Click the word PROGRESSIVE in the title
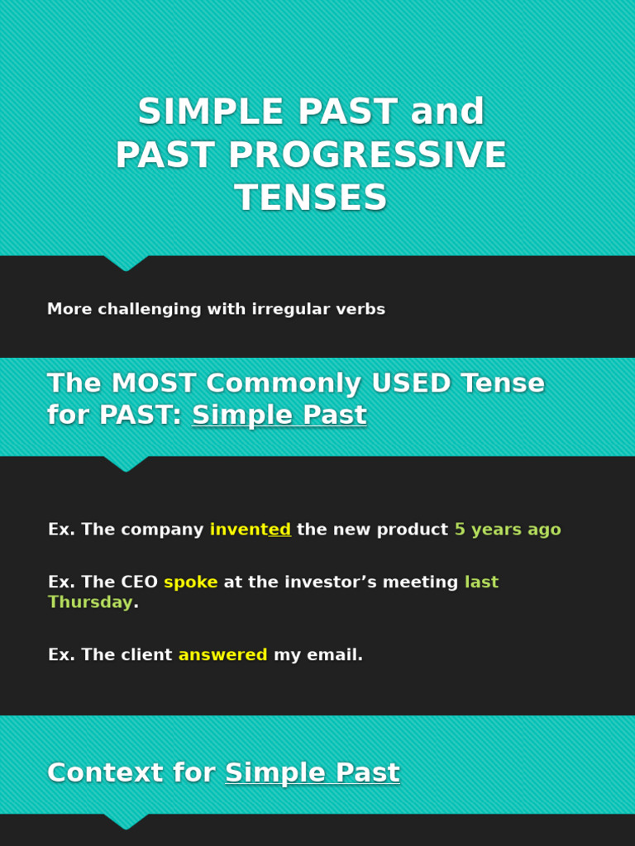367,156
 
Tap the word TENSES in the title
311,199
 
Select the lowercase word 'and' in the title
447,113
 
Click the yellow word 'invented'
250,530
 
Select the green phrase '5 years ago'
507,530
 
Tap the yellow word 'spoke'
190,582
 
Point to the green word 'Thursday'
90,603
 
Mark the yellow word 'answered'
222,656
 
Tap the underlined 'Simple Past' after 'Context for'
312,774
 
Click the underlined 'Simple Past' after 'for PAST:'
279,416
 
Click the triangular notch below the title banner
126,263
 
